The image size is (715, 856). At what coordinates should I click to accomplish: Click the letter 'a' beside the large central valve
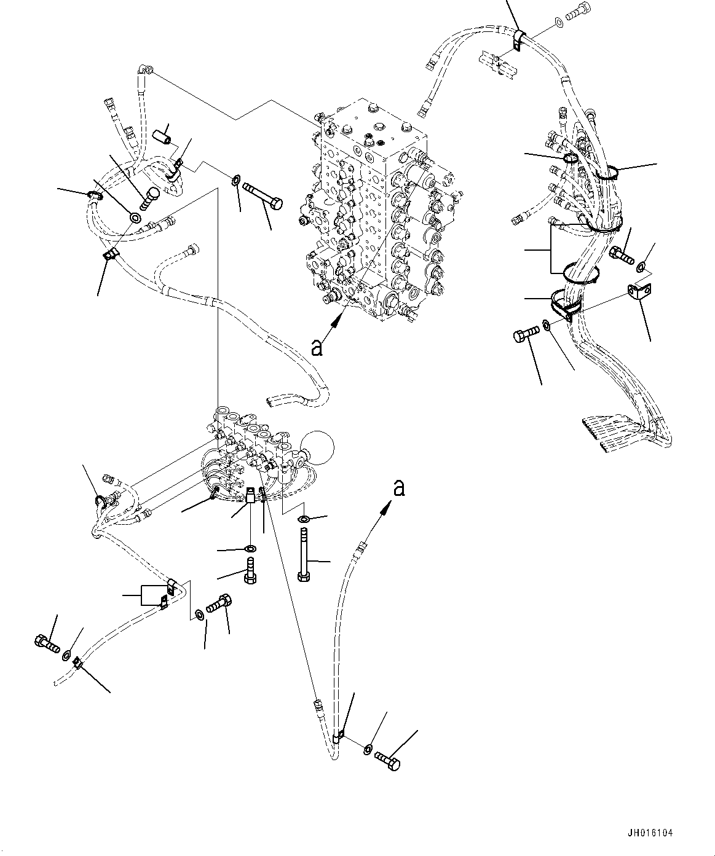(x=317, y=348)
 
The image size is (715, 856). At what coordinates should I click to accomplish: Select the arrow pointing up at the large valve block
(x=336, y=320)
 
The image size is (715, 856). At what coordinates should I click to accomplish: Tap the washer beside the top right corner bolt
(x=558, y=23)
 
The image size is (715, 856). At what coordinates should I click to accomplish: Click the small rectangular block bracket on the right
(x=640, y=292)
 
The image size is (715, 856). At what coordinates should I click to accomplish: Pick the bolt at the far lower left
(x=45, y=643)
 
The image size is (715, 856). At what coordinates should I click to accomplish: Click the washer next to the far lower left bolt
(x=66, y=656)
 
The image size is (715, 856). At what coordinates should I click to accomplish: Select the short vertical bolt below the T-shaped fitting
(x=250, y=571)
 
